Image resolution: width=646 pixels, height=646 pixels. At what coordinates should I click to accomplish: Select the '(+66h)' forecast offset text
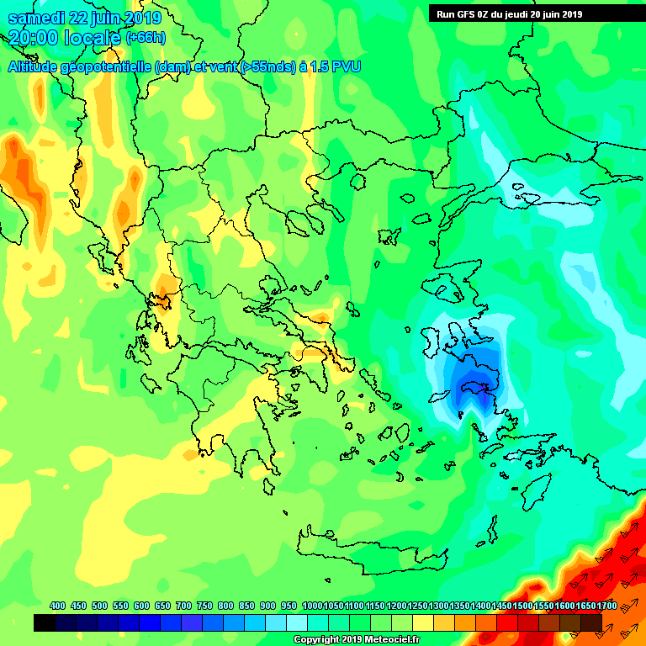tap(146, 38)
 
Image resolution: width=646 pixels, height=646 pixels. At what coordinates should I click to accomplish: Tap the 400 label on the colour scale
tap(57, 606)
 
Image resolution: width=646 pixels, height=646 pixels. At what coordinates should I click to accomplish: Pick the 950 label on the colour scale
tap(289, 606)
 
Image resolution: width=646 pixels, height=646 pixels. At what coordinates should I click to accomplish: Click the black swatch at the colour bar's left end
tap(45, 622)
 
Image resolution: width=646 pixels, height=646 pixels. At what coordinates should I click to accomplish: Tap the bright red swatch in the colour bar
tap(507, 622)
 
